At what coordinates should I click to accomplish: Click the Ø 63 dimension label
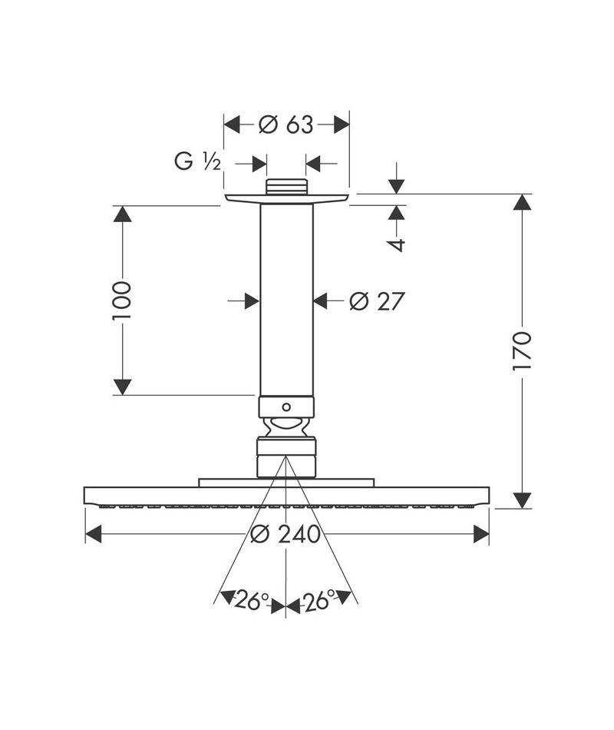[286, 124]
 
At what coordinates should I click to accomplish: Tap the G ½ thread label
[198, 161]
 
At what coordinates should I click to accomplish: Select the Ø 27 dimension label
[377, 301]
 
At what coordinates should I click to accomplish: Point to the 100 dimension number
[122, 300]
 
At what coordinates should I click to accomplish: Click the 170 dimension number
[522, 351]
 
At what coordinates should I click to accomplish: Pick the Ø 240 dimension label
[286, 534]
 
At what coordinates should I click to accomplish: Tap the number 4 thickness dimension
[397, 244]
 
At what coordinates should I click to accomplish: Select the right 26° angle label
[319, 601]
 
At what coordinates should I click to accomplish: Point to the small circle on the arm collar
[286, 407]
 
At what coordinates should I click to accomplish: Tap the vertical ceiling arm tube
[286, 300]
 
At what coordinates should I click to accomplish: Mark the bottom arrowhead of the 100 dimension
[122, 387]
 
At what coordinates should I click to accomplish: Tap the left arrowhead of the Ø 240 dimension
[94, 534]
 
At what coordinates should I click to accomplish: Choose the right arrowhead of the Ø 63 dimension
[342, 124]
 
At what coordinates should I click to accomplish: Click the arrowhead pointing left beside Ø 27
[322, 301]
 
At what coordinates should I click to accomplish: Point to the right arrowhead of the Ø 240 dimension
[481, 534]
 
